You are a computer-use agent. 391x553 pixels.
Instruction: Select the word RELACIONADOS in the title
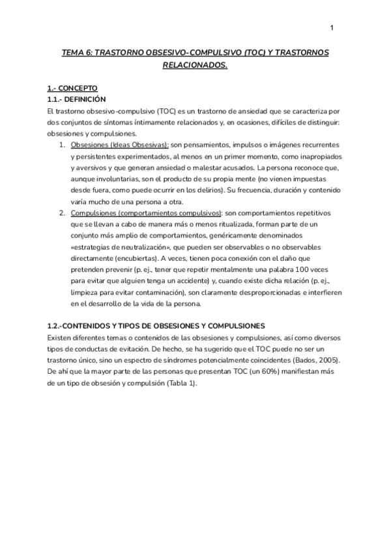click(x=195, y=65)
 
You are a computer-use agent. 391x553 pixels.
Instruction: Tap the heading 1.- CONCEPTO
click(x=72, y=87)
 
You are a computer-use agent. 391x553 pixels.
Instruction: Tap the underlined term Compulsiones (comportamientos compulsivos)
click(x=145, y=213)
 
